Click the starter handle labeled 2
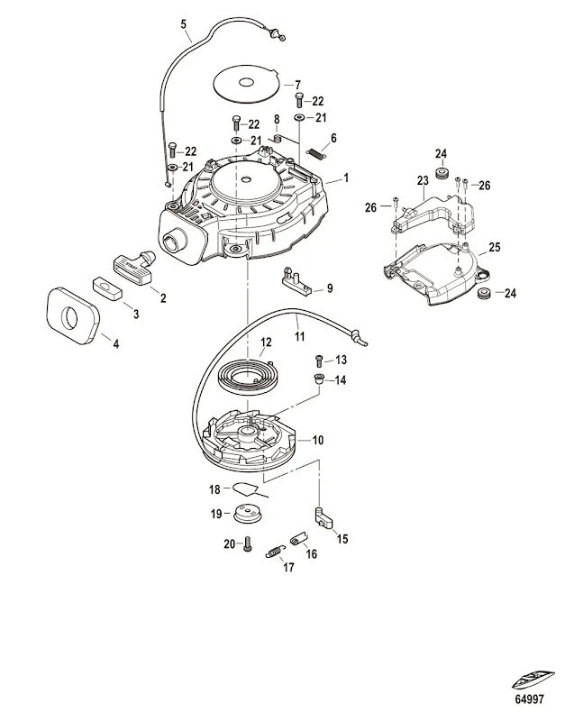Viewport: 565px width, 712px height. [x=138, y=266]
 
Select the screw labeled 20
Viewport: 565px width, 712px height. [x=246, y=544]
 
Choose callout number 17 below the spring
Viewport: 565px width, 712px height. [x=287, y=568]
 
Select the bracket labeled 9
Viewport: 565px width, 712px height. [x=297, y=285]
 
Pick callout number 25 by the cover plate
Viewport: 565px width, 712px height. [x=494, y=246]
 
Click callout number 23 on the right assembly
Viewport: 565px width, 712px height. [x=422, y=181]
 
